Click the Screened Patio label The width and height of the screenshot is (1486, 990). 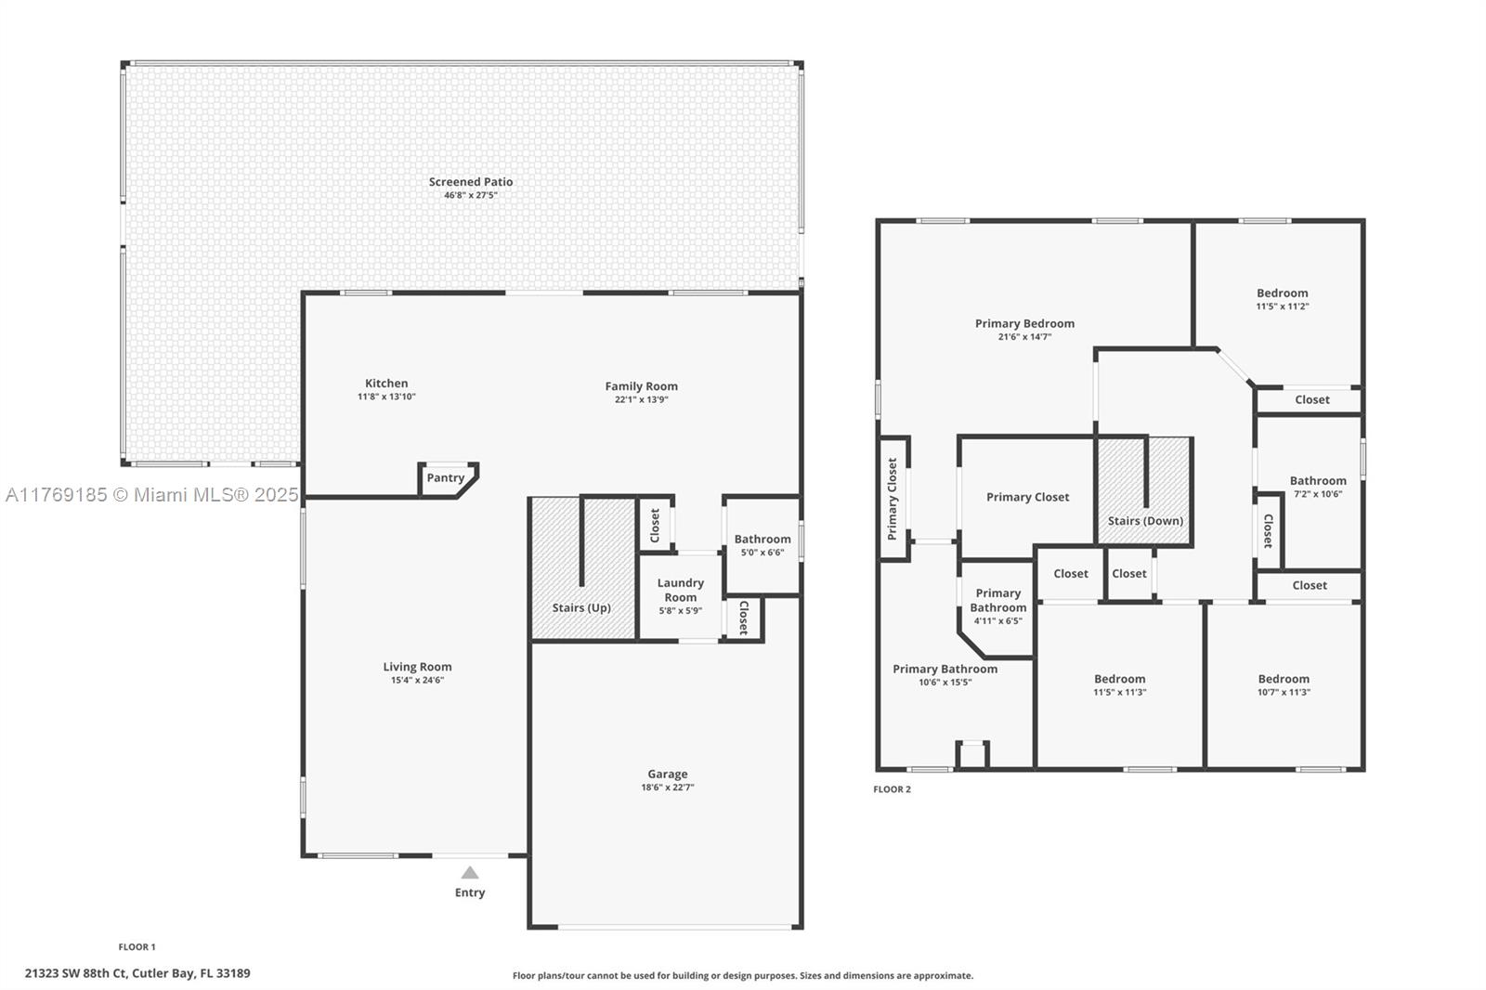pyautogui.click(x=470, y=181)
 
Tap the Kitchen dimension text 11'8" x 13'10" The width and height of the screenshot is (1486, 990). pyautogui.click(x=386, y=397)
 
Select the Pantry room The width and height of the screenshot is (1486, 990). pyautogui.click(x=447, y=479)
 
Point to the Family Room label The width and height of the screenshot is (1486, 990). pyautogui.click(x=641, y=386)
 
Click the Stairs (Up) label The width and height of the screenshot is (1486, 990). pyautogui.click(x=581, y=607)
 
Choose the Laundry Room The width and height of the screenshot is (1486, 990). pyautogui.click(x=680, y=597)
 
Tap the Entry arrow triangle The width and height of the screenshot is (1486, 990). pyautogui.click(x=470, y=873)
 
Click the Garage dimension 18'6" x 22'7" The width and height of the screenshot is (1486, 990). pyautogui.click(x=668, y=788)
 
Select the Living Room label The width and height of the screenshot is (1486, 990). pyautogui.click(x=417, y=667)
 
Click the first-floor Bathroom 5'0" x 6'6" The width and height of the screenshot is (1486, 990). pyautogui.click(x=763, y=545)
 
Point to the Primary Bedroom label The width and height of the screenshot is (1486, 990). pyautogui.click(x=1025, y=323)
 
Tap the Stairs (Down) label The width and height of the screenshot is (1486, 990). pyautogui.click(x=1146, y=521)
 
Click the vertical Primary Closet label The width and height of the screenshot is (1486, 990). pyautogui.click(x=893, y=499)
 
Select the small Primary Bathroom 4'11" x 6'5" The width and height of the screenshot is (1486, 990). pyautogui.click(x=997, y=607)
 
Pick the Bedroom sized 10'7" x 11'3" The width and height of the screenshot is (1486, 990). pyautogui.click(x=1284, y=684)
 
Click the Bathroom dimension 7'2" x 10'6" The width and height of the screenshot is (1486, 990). pyautogui.click(x=1318, y=494)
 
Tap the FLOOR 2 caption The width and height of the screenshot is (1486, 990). pyautogui.click(x=892, y=789)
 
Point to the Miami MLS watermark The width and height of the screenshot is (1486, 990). pyautogui.click(x=152, y=495)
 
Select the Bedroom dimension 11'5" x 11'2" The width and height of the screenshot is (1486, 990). pyautogui.click(x=1283, y=306)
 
